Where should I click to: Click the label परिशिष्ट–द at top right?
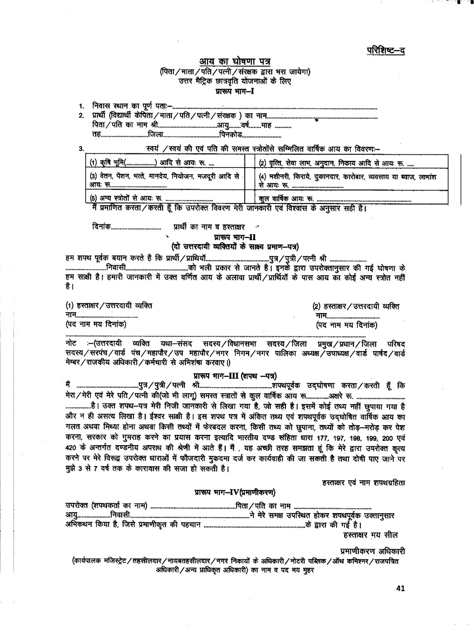[x=386, y=50]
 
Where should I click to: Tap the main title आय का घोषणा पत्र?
[x=235, y=62]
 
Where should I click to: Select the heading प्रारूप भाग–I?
[x=235, y=91]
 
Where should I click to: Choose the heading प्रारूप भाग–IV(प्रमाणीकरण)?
[x=235, y=493]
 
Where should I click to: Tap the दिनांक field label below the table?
[x=101, y=227]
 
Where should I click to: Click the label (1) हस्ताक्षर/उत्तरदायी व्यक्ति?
[x=109, y=306]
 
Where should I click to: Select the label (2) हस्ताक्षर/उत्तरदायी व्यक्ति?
[x=355, y=306]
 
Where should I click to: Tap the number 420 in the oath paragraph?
[x=71, y=449]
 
